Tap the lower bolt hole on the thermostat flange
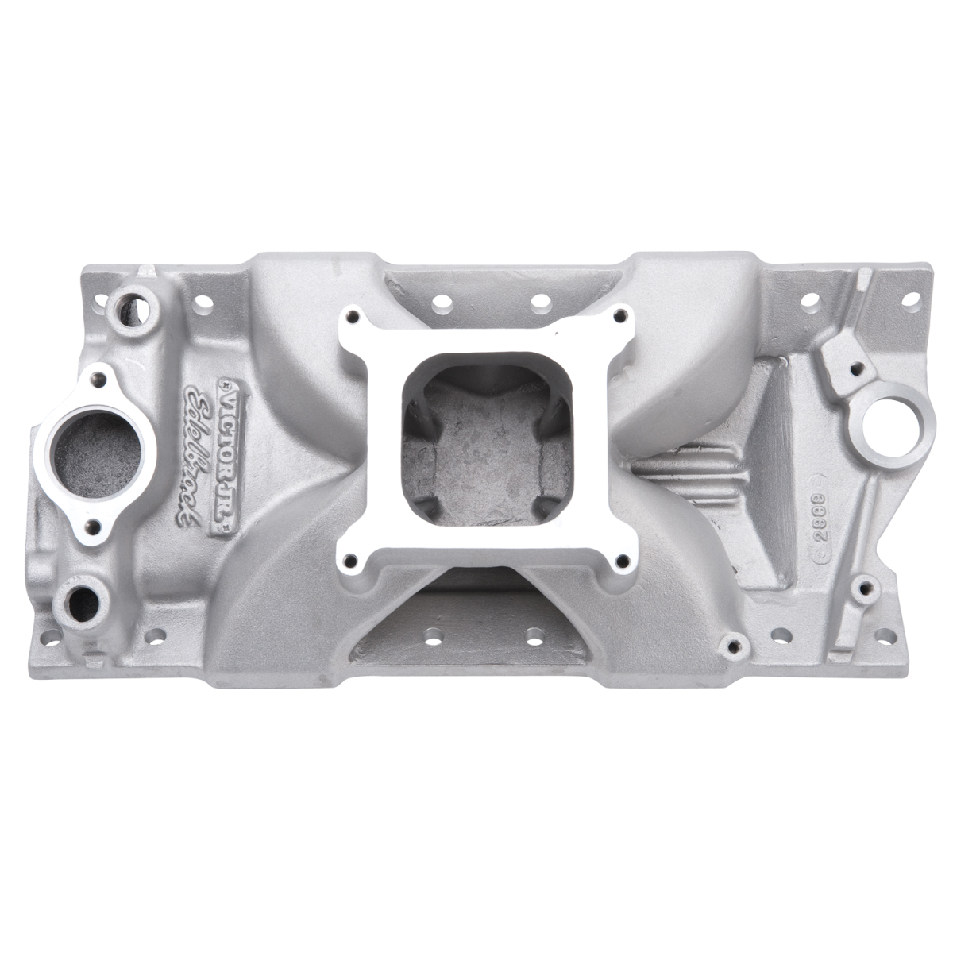[95, 524]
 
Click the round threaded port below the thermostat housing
[83, 597]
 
